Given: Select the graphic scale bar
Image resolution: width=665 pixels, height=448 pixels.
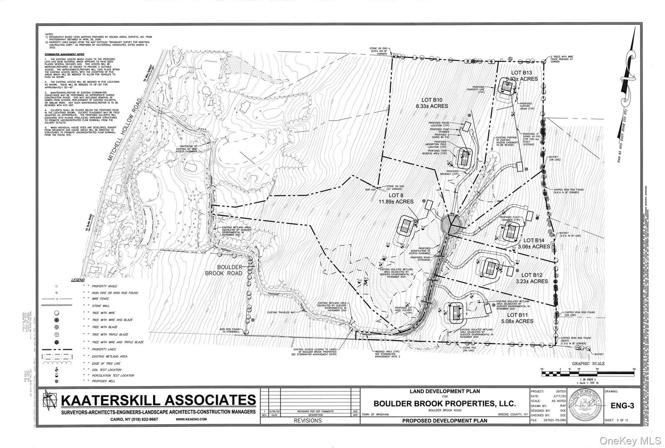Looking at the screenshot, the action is [587, 373].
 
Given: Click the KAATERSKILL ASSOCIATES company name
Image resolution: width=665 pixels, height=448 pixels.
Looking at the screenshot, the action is [158, 400].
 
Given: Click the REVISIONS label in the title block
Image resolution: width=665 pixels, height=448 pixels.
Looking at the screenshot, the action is [308, 421].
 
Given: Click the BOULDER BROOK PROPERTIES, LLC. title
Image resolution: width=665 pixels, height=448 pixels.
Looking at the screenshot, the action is [444, 404].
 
